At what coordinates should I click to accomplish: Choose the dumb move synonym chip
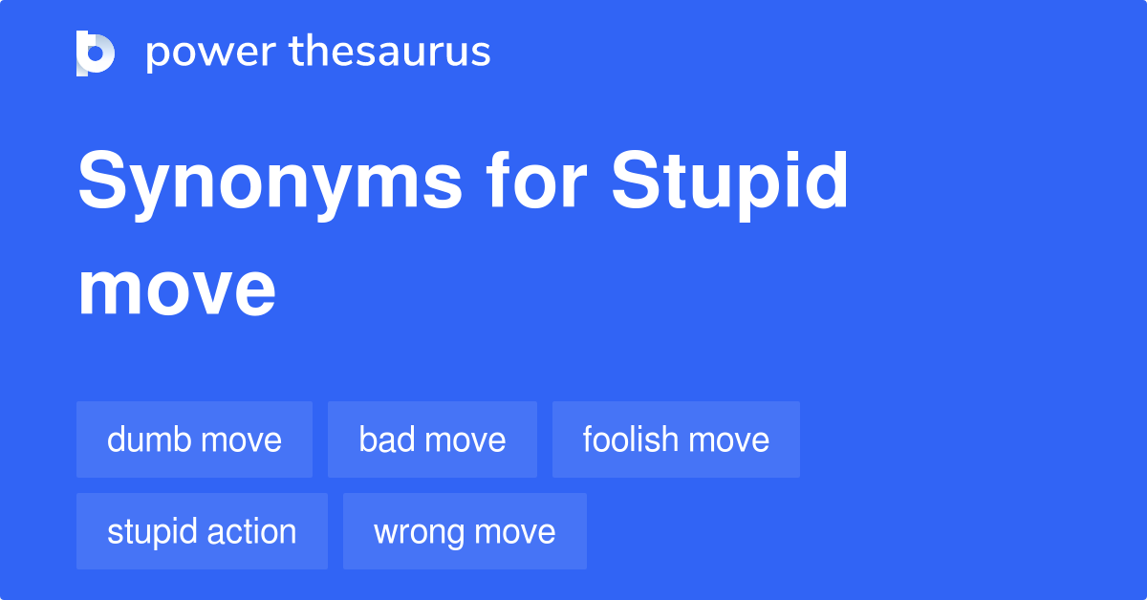194,439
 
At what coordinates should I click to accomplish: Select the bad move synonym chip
432,439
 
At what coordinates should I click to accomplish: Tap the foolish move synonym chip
676,439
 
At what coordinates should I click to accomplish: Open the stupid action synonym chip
202,531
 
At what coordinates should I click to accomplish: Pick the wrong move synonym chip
465,531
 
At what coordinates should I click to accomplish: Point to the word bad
385,439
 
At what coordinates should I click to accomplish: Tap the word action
251,531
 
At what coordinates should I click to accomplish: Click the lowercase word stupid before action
151,531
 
